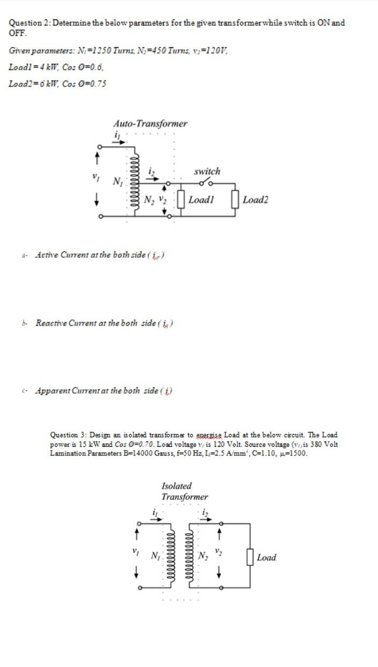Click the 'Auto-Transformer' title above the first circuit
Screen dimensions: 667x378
pyautogui.click(x=150, y=124)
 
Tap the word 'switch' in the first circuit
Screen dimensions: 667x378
pyautogui.click(x=207, y=171)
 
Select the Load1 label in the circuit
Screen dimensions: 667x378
pyautogui.click(x=202, y=200)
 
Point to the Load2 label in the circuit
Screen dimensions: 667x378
pyautogui.click(x=255, y=200)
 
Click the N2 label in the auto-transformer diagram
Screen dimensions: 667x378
pyautogui.click(x=149, y=200)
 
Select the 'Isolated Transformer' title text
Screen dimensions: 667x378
pyautogui.click(x=184, y=491)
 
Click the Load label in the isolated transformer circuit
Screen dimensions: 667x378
pyautogui.click(x=267, y=557)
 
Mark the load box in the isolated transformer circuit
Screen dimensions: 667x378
pyautogui.click(x=250, y=556)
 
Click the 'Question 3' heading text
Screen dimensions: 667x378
pyautogui.click(x=68, y=434)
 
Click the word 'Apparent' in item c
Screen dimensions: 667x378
pyautogui.click(x=52, y=390)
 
